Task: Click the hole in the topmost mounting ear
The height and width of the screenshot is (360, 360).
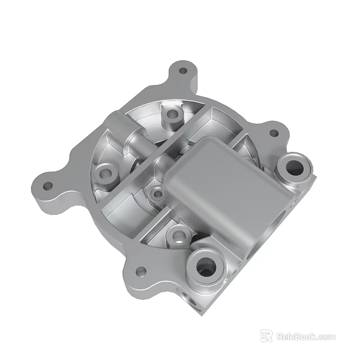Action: click(183, 71)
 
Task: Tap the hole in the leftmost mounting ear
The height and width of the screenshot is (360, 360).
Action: click(48, 185)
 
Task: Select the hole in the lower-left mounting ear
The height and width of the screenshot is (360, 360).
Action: click(142, 272)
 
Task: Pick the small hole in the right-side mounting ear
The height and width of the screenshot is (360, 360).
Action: click(274, 134)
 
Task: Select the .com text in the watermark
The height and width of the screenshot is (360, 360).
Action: click(326, 337)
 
